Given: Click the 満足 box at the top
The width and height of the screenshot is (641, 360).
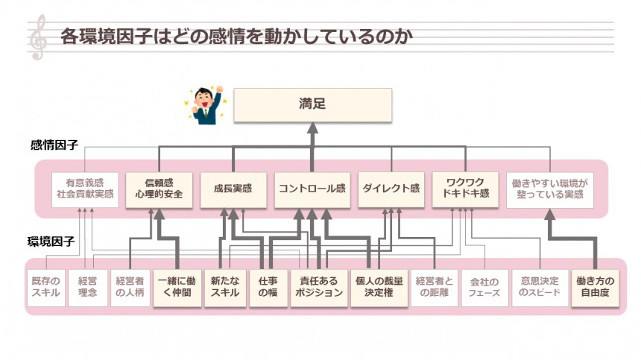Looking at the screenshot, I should point(312,106).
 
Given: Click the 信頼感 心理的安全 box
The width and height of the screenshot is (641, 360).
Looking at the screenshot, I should point(159,189).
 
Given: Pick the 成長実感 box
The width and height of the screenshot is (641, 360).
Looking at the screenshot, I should point(233,189).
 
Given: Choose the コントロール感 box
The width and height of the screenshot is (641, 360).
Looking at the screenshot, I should point(312,189).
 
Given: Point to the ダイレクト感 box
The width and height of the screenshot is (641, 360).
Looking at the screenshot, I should point(391,189).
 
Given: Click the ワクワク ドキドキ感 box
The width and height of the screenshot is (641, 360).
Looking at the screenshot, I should point(467,189).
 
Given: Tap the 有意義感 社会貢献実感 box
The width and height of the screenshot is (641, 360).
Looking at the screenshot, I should point(84,189).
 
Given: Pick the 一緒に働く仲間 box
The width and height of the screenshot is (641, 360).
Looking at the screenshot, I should point(177,287).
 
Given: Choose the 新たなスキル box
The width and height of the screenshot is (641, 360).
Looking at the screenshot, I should point(224,287).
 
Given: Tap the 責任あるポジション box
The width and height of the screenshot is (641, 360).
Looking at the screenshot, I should point(319,287).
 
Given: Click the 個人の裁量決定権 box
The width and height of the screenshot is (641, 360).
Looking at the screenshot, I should point(378,287).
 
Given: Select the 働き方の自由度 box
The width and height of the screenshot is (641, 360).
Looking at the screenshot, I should point(596,287).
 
